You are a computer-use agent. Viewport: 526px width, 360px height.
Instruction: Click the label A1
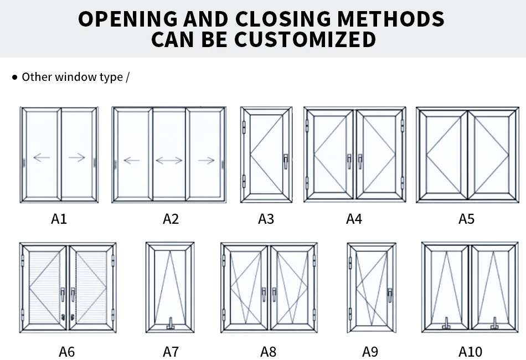coord(59,219)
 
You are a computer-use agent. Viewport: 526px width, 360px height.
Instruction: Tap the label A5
coord(466,219)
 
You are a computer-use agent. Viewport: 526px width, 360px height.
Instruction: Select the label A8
coord(268,351)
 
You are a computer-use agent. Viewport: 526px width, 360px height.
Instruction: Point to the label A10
coord(470,351)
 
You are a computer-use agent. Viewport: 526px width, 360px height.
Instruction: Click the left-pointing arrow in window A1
coord(42,158)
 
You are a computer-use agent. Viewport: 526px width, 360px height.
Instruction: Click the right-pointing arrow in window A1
coord(77,158)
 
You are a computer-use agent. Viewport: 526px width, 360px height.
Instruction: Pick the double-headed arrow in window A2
coord(169,161)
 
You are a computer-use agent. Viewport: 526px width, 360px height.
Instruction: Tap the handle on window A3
coord(285,161)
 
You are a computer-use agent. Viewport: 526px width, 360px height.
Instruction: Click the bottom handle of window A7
coord(170,323)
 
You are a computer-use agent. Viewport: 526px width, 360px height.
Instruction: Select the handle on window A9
coord(389,294)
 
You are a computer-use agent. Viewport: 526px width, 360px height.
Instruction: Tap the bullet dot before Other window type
coord(15,77)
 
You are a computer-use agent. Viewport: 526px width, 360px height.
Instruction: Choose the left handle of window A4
coord(348,161)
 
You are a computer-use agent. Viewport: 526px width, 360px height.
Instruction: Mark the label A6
coord(66,351)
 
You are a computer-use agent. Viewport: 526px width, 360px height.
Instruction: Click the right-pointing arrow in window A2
coord(206,161)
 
